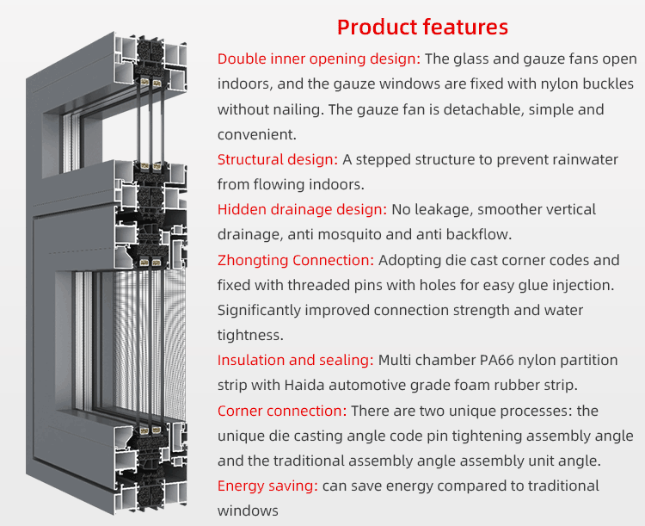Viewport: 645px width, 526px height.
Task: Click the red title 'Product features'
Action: pyautogui.click(x=422, y=28)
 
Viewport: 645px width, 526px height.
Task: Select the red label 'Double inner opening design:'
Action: pyautogui.click(x=319, y=59)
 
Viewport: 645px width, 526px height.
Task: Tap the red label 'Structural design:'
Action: pyautogui.click(x=278, y=159)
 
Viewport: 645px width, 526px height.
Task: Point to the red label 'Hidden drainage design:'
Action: pyautogui.click(x=303, y=210)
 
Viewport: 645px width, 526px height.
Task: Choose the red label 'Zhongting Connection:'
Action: pyautogui.click(x=296, y=260)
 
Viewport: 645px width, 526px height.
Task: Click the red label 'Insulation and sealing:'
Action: pyautogui.click(x=296, y=361)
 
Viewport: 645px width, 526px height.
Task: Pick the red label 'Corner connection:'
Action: pyautogui.click(x=282, y=411)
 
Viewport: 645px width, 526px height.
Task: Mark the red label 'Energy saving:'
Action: pyautogui.click(x=267, y=486)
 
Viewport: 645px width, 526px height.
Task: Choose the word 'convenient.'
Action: pyautogui.click(x=257, y=134)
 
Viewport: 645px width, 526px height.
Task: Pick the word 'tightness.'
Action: pyautogui.click(x=250, y=335)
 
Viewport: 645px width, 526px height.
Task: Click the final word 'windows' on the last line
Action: pyautogui.click(x=248, y=511)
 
